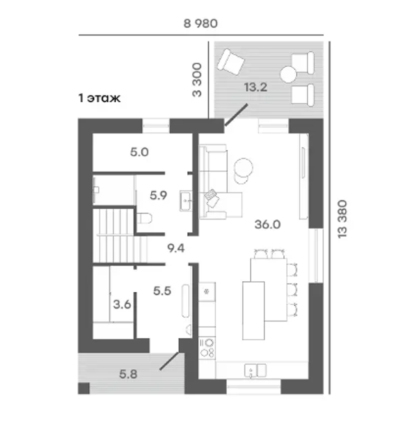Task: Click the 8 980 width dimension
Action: [x=201, y=24]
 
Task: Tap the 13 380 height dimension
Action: [x=342, y=219]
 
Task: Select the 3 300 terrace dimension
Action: [x=197, y=80]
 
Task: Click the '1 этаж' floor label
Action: [x=99, y=98]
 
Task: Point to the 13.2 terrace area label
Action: [x=256, y=87]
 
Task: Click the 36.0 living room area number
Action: [x=267, y=225]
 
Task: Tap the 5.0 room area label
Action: [x=139, y=152]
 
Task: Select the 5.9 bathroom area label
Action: [x=158, y=196]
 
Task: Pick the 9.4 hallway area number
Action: [x=176, y=249]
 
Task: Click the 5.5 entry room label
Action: [x=162, y=291]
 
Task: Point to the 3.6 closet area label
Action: [x=122, y=305]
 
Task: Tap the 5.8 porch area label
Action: [x=128, y=374]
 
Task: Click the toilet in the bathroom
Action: [x=144, y=218]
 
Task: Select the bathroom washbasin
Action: [x=185, y=201]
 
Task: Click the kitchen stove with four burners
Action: [x=207, y=348]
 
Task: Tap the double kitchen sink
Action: [x=255, y=370]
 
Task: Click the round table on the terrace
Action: [x=288, y=74]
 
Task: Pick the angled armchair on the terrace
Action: [x=231, y=62]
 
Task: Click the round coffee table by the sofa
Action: [x=243, y=167]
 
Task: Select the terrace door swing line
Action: [x=236, y=115]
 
